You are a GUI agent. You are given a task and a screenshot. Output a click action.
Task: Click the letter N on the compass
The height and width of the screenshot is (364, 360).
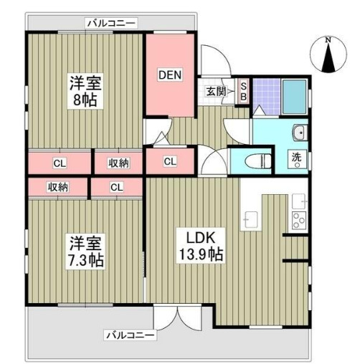pos(328,39)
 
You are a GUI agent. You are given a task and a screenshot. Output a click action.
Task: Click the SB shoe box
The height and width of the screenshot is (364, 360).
pos(243,90)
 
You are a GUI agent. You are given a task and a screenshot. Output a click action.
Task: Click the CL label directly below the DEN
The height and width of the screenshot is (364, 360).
pos(170,161)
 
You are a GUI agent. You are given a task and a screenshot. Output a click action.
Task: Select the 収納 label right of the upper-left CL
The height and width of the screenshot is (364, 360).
pos(119,163)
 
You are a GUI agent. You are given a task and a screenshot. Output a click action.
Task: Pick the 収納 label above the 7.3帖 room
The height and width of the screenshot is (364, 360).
pos(58,187)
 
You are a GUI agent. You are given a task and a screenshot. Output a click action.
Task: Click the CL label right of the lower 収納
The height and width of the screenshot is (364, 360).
pos(116,187)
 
